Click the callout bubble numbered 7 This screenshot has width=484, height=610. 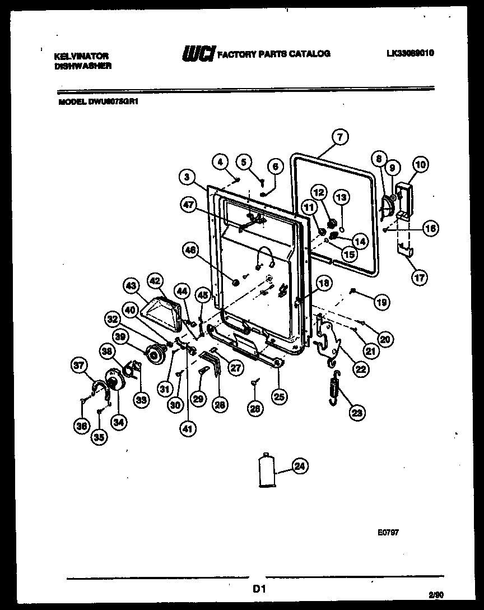(x=339, y=136)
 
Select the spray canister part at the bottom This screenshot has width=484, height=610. (x=268, y=473)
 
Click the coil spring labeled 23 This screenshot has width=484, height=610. (x=335, y=387)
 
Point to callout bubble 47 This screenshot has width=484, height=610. (x=188, y=206)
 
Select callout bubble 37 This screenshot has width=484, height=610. (x=79, y=366)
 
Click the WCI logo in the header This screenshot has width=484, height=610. (x=197, y=54)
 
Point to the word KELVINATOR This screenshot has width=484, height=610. (x=81, y=56)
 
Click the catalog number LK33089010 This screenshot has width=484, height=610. (x=410, y=54)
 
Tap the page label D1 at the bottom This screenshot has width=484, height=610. (x=258, y=589)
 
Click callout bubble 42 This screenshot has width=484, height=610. (x=155, y=281)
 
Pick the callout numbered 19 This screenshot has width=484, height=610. (x=381, y=302)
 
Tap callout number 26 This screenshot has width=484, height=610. (x=255, y=409)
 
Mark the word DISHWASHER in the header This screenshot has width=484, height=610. (x=83, y=66)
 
